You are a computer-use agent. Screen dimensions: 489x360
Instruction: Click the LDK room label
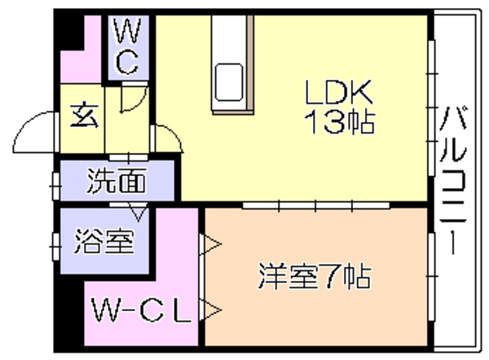339,92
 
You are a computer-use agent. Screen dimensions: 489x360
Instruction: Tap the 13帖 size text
339,122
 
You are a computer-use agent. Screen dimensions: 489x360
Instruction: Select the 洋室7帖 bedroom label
315,276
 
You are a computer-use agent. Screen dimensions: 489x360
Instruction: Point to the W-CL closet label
141,310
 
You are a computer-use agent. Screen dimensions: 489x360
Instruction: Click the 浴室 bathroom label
104,241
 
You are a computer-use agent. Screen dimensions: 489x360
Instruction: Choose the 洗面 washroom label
117,181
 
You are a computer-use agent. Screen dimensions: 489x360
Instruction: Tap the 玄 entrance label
84,116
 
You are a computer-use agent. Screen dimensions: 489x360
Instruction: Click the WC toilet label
127,46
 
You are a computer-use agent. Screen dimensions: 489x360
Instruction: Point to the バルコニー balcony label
453,180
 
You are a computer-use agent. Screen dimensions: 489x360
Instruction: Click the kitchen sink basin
229,82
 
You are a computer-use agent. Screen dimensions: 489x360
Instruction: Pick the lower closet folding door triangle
210,310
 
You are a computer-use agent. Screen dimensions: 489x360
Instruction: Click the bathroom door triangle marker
139,213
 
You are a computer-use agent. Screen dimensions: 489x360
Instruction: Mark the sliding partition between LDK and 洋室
316,205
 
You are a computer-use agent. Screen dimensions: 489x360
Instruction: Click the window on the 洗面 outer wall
56,186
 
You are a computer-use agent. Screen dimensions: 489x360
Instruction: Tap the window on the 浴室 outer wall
56,246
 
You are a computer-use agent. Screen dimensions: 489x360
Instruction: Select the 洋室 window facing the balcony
432,276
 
